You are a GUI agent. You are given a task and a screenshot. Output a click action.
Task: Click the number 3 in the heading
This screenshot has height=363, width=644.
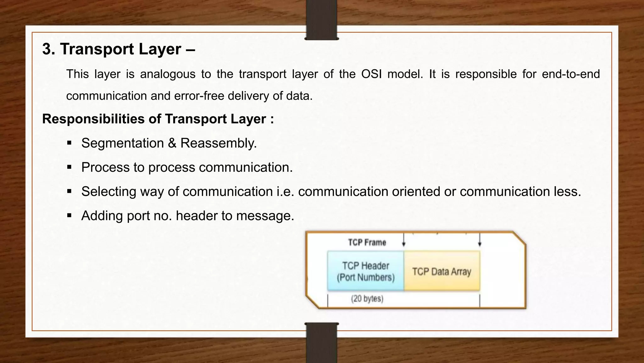click(47, 49)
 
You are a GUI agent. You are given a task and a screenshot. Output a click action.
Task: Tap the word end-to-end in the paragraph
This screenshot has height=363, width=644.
click(571, 74)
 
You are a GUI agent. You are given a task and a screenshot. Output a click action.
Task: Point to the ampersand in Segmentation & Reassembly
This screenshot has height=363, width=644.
click(172, 143)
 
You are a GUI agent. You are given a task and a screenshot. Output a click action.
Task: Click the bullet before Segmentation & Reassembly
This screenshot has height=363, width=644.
click(69, 143)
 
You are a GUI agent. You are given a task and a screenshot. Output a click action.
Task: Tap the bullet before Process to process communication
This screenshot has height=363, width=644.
click(69, 167)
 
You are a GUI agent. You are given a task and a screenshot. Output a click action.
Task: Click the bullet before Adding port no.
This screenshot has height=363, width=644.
click(69, 216)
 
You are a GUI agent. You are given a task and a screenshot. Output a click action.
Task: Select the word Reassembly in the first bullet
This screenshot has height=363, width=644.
click(218, 143)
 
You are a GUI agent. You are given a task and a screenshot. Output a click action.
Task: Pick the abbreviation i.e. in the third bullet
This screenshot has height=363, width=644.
click(285, 192)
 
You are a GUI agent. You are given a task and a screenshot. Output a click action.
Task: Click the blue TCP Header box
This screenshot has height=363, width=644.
click(365, 271)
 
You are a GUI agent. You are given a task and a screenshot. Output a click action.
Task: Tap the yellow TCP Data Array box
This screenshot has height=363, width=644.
click(441, 271)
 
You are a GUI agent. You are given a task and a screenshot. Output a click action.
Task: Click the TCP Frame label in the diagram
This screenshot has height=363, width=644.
click(367, 242)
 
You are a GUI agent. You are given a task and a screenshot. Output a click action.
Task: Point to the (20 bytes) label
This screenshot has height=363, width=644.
click(367, 298)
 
